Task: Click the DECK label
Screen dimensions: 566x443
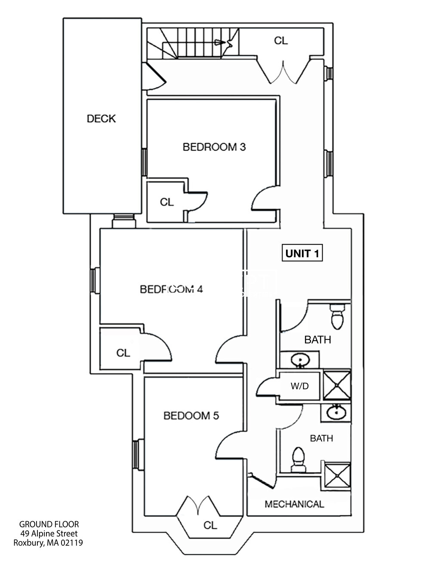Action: [x=101, y=119]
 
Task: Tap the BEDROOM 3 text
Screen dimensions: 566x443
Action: [x=214, y=147]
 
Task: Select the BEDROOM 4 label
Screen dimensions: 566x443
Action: [x=171, y=289]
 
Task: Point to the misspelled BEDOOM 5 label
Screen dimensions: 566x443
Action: [x=191, y=415]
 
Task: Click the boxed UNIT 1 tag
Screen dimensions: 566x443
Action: [x=303, y=253]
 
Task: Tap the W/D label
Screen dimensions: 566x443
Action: [x=299, y=386]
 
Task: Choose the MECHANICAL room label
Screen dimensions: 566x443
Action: [x=294, y=504]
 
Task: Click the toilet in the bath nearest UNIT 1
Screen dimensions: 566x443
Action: [x=336, y=317]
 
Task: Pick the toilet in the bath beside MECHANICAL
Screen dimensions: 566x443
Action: [x=298, y=459]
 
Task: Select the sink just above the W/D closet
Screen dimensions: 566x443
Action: [x=299, y=360]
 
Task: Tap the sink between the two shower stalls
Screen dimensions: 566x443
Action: [x=335, y=412]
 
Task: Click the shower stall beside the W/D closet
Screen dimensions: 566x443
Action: [x=336, y=385]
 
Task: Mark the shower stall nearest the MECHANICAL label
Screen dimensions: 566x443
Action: [x=337, y=477]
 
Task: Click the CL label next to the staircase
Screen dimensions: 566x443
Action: [x=281, y=41]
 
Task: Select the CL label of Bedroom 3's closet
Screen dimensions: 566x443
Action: [x=167, y=202]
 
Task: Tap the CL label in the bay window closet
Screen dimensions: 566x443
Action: [x=210, y=525]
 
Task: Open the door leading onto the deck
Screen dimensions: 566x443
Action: [x=154, y=77]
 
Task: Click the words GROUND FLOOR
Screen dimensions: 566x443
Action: [x=49, y=524]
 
